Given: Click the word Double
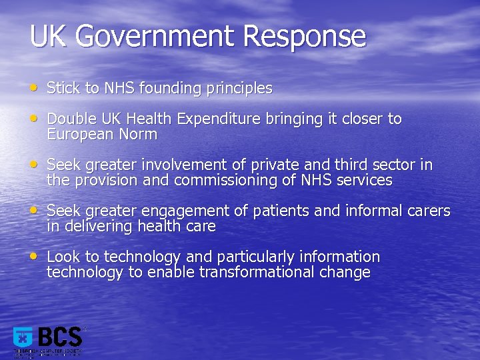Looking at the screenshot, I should [71, 119].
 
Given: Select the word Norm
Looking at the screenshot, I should [138, 134].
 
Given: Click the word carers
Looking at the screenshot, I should [427, 211].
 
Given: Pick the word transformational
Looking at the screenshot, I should [251, 272].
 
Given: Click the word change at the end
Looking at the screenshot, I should [347, 272].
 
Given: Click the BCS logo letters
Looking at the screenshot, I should [60, 337].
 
